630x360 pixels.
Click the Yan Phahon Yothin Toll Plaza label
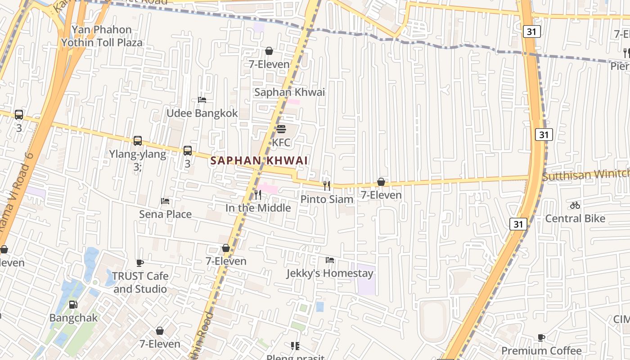click(102, 36)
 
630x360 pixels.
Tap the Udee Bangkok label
click(202, 113)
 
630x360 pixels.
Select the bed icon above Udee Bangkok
click(202, 100)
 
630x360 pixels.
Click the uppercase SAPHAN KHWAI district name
click(259, 161)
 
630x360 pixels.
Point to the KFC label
click(281, 143)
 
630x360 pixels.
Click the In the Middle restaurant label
click(258, 208)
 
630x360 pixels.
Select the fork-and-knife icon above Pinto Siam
click(327, 185)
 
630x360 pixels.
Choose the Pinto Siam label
click(327, 199)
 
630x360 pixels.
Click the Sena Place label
click(165, 214)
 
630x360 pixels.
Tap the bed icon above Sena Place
click(165, 201)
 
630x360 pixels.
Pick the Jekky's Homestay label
click(330, 273)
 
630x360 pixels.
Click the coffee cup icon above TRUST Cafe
click(140, 263)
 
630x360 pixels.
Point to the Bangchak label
click(73, 318)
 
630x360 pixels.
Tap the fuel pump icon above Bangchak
click(73, 305)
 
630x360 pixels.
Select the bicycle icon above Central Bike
click(575, 205)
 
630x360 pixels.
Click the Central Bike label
click(575, 219)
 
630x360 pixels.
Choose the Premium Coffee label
click(541, 351)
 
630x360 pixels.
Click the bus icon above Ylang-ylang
click(138, 141)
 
